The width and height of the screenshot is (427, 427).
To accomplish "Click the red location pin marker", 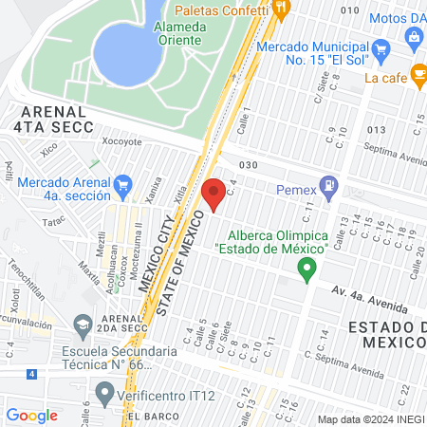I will pyautogui.click(x=213, y=195).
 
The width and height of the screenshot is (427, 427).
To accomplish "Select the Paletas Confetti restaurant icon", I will pyautogui.click(x=281, y=8).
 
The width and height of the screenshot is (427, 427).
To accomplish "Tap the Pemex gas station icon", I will pyautogui.click(x=328, y=187).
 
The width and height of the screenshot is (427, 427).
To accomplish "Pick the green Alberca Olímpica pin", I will pyautogui.click(x=306, y=270).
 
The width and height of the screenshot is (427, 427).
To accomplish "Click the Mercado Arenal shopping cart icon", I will pyautogui.click(x=121, y=183).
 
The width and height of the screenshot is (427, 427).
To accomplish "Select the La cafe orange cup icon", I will pyautogui.click(x=418, y=78).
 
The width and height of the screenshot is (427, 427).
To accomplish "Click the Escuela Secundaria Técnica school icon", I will pyautogui.click(x=82, y=325).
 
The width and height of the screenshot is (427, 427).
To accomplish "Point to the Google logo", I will pyautogui.click(x=31, y=415).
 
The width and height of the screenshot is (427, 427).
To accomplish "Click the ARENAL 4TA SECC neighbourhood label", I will pyautogui.click(x=53, y=119).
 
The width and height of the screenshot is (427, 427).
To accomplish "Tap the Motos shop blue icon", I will pyautogui.click(x=414, y=37).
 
